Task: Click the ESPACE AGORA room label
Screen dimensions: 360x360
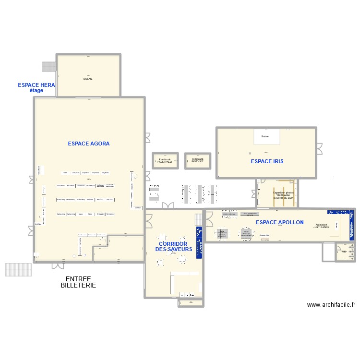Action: tap(89, 144)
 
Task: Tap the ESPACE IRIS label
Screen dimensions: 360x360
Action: tap(267, 162)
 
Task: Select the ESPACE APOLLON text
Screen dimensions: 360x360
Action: tap(279, 223)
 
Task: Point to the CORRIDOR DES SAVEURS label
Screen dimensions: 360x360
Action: tap(173, 247)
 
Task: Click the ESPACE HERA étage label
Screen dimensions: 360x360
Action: tap(36, 87)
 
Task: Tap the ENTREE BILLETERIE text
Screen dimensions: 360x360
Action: tap(78, 282)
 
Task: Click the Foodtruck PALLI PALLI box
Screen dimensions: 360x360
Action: tap(165, 161)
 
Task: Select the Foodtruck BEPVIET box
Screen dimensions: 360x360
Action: tap(197, 160)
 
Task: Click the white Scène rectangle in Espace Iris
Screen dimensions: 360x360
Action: tap(265, 137)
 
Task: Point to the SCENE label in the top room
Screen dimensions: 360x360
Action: tap(88, 79)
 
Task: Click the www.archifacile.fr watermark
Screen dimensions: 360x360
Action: tap(331, 304)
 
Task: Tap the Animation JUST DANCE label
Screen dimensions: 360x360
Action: tap(322, 226)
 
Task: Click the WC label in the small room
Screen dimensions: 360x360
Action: tap(344, 252)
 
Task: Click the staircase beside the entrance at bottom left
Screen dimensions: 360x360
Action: tap(18, 269)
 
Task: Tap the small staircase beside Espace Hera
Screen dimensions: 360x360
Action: tap(49, 66)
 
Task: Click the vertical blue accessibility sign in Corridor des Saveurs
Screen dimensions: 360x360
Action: tap(199, 235)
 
